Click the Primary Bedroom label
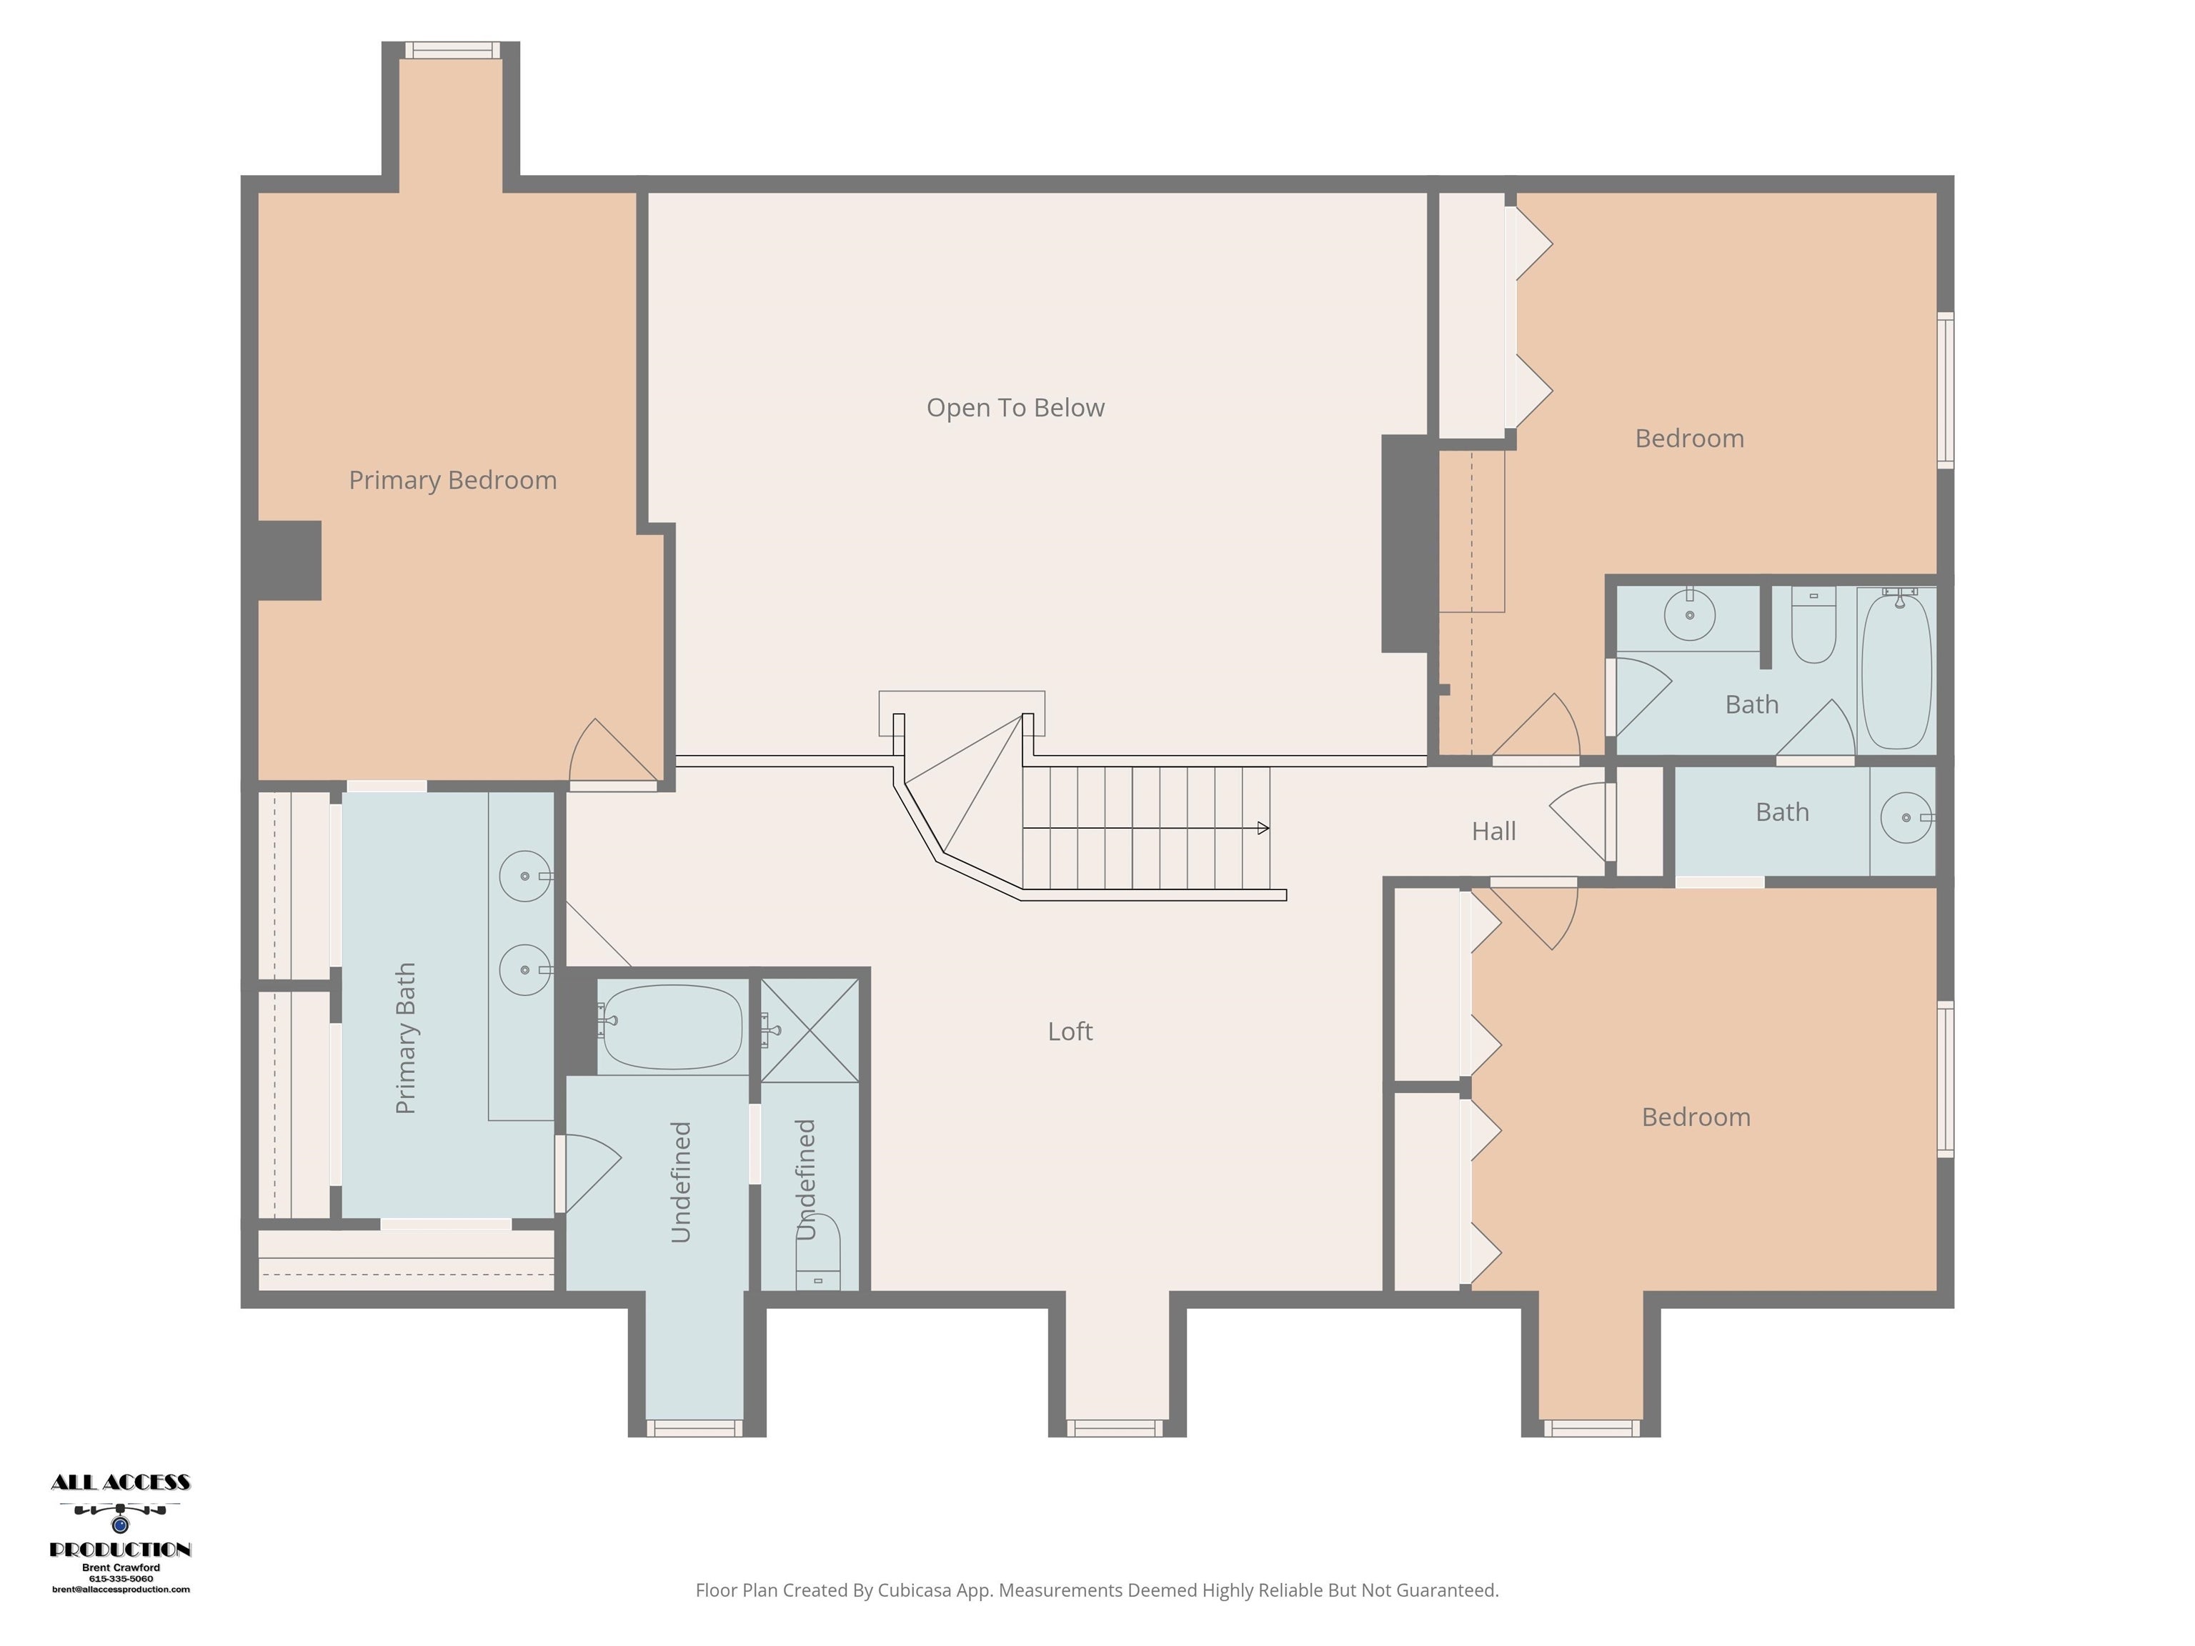point(452,480)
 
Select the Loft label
point(1070,1032)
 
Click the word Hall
point(1493,832)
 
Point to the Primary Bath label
point(406,1038)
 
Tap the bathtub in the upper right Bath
point(1896,669)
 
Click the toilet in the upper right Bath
point(1814,627)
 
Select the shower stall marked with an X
point(810,1030)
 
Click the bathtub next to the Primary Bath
point(671,1027)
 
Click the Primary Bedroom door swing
point(610,754)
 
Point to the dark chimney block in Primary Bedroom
point(289,561)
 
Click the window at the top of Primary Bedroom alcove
point(452,49)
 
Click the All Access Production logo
point(120,1516)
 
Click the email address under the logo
point(120,1590)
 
